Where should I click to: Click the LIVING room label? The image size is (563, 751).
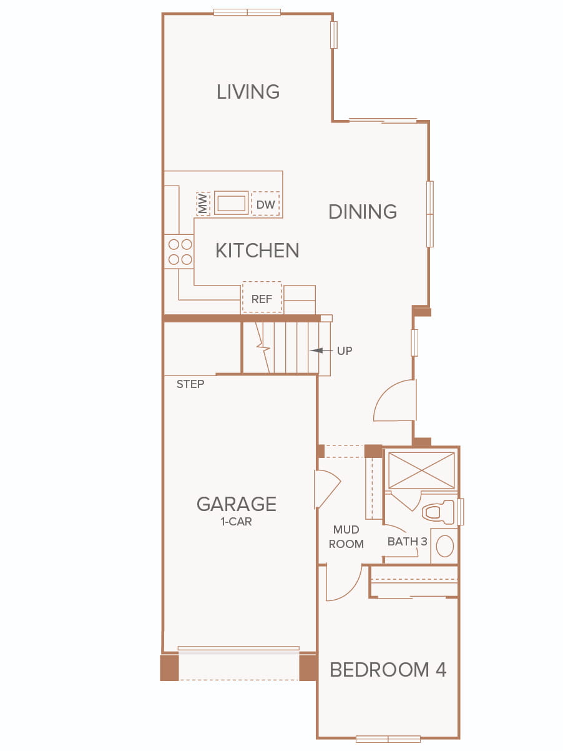(x=248, y=92)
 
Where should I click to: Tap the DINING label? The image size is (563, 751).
(x=363, y=211)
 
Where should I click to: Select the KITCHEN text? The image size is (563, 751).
(x=257, y=251)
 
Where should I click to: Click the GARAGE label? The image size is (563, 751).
(x=237, y=504)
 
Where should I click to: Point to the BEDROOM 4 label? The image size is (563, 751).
(x=388, y=670)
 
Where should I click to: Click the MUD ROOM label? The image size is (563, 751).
(x=346, y=537)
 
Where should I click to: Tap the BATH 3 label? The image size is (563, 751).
(x=407, y=542)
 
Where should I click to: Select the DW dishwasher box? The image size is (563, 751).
(x=266, y=203)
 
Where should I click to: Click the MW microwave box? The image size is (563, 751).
(x=203, y=204)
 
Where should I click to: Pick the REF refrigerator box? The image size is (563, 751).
(x=262, y=297)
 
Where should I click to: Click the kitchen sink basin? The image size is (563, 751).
(x=232, y=203)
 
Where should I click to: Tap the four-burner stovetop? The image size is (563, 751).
(x=180, y=252)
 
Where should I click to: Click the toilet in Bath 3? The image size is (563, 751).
(x=438, y=512)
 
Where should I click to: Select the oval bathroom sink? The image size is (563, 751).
(x=445, y=546)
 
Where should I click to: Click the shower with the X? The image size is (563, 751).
(x=422, y=470)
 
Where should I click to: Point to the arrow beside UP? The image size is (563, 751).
(x=321, y=351)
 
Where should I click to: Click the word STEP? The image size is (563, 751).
(x=190, y=384)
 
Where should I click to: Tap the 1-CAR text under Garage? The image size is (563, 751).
(x=236, y=522)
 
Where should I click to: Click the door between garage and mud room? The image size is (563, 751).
(x=327, y=489)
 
